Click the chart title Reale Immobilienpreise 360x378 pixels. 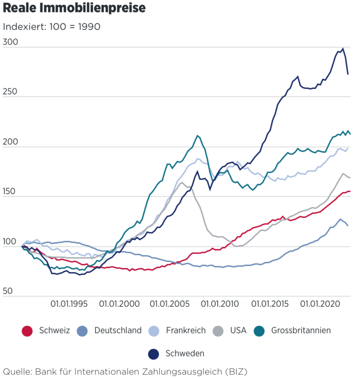click(74, 9)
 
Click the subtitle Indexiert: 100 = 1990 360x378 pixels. click(52, 27)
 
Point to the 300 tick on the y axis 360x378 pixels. click(10, 42)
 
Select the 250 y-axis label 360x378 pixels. click(10, 92)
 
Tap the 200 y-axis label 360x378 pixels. click(10, 142)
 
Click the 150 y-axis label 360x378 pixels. click(10, 192)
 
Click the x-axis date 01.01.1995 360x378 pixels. click(70, 304)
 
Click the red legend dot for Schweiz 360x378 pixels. click(28, 331)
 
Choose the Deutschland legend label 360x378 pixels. click(118, 331)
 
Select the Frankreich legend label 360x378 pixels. click(186, 331)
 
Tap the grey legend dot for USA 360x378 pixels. click(218, 331)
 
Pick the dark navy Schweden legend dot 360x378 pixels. click(154, 354)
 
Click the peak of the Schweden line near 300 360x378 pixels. click(343, 49)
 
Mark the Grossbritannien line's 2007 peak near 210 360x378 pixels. click(198, 136)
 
